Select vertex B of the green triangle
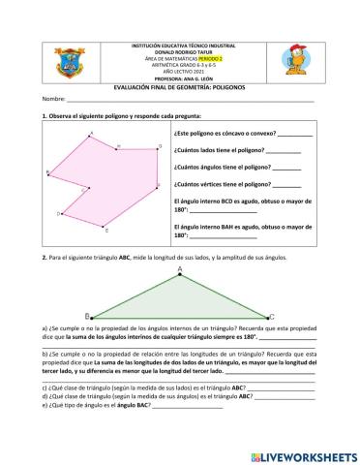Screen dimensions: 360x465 point(88,316)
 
